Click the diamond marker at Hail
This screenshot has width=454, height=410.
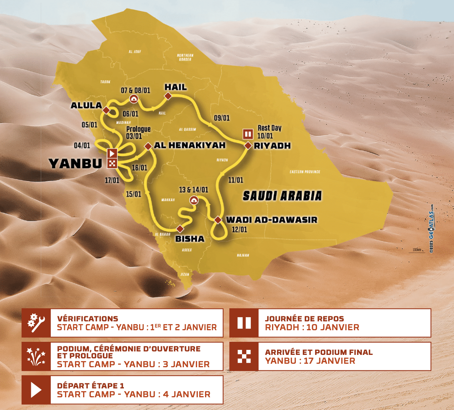coord(168,96)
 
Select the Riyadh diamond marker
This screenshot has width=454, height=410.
coord(248,146)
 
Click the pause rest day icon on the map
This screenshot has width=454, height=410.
coord(248,134)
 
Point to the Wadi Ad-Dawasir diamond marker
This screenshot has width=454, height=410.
coord(218,220)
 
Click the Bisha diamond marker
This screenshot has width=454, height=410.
coord(180,229)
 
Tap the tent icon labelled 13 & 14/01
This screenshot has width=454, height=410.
coord(194,200)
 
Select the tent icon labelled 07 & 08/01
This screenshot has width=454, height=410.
coord(134,99)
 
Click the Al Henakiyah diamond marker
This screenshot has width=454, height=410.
coord(148,146)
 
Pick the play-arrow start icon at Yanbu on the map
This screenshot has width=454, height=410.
coord(112,153)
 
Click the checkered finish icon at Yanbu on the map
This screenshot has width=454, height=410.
coord(112,163)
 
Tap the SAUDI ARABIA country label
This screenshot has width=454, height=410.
coord(282,196)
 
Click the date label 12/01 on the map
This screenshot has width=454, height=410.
coord(239,230)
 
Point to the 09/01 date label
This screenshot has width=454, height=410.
coord(222,118)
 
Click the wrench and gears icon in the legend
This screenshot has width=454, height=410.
coord(36,323)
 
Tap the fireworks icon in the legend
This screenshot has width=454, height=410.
coord(36,356)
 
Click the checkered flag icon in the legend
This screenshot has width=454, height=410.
coord(244,356)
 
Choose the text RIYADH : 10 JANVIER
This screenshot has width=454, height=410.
coord(312,328)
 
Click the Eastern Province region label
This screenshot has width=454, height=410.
coord(305,172)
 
